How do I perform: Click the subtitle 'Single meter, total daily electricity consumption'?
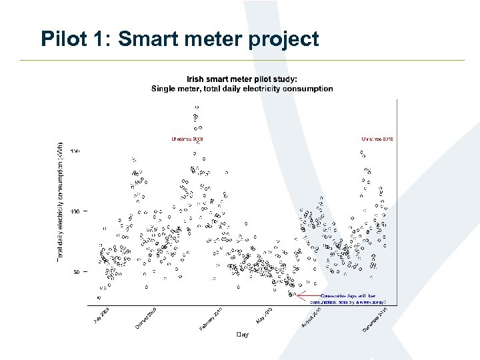tap(242, 88)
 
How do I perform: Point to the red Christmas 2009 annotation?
tap(187, 139)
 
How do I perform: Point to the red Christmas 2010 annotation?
tap(377, 139)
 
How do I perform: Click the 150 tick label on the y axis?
tap(75, 151)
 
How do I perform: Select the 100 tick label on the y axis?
tap(75, 211)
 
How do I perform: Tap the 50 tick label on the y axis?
tap(77, 272)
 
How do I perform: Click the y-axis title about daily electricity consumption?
tap(60, 200)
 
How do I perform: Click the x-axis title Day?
tap(243, 335)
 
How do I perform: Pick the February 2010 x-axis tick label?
tap(211, 319)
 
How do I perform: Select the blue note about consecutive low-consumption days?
tap(347, 298)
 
